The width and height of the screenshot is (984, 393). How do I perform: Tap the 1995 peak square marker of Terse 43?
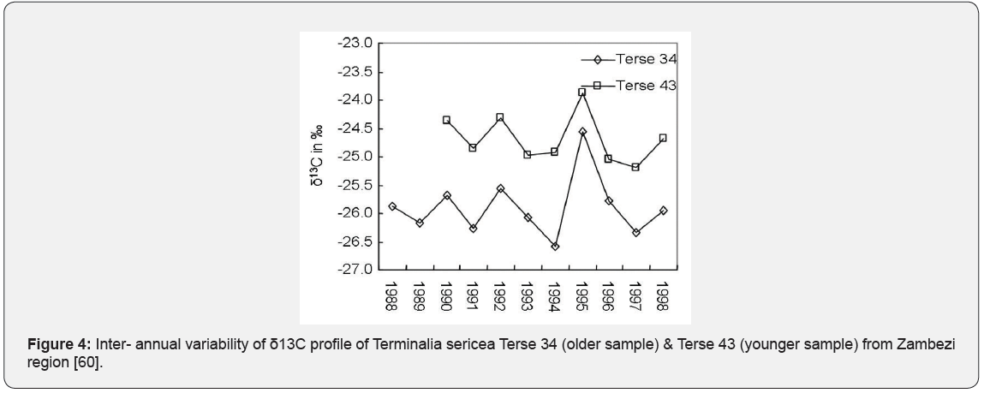[x=581, y=92]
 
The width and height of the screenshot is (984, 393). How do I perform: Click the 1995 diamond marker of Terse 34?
[x=582, y=132]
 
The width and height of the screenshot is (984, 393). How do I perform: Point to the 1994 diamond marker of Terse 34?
[x=555, y=246]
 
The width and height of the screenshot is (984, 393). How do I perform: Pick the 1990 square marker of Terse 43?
[x=446, y=120]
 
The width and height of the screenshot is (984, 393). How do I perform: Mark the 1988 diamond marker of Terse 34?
[x=392, y=206]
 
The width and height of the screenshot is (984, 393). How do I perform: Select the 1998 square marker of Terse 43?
[x=663, y=138]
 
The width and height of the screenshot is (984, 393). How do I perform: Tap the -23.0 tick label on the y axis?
[x=355, y=43]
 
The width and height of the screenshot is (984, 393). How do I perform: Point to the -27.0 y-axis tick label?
[x=355, y=270]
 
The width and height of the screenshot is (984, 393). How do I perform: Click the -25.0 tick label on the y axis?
[x=355, y=157]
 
